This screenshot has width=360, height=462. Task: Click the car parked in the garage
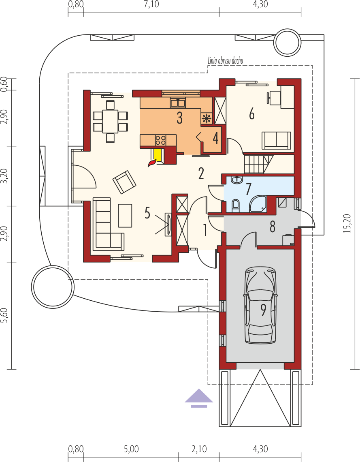click(x=260, y=305)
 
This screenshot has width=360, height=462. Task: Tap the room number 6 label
click(x=252, y=114)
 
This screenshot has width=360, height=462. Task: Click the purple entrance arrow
click(x=199, y=398)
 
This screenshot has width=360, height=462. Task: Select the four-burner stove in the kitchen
click(x=160, y=140)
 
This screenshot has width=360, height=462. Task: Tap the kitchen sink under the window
click(x=177, y=103)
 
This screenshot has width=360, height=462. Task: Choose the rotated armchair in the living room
click(x=124, y=182)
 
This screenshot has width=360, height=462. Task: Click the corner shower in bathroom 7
click(x=258, y=204)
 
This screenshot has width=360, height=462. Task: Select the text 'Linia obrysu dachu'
click(x=226, y=61)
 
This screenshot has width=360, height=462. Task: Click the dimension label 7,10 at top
click(x=151, y=4)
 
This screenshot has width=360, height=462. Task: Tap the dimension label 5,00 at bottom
click(x=131, y=449)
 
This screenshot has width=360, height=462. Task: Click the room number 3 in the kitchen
click(x=179, y=118)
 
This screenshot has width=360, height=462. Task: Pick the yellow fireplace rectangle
click(x=158, y=155)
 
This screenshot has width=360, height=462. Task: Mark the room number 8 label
click(x=273, y=227)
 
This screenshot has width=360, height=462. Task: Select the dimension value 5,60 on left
click(x=4, y=316)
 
